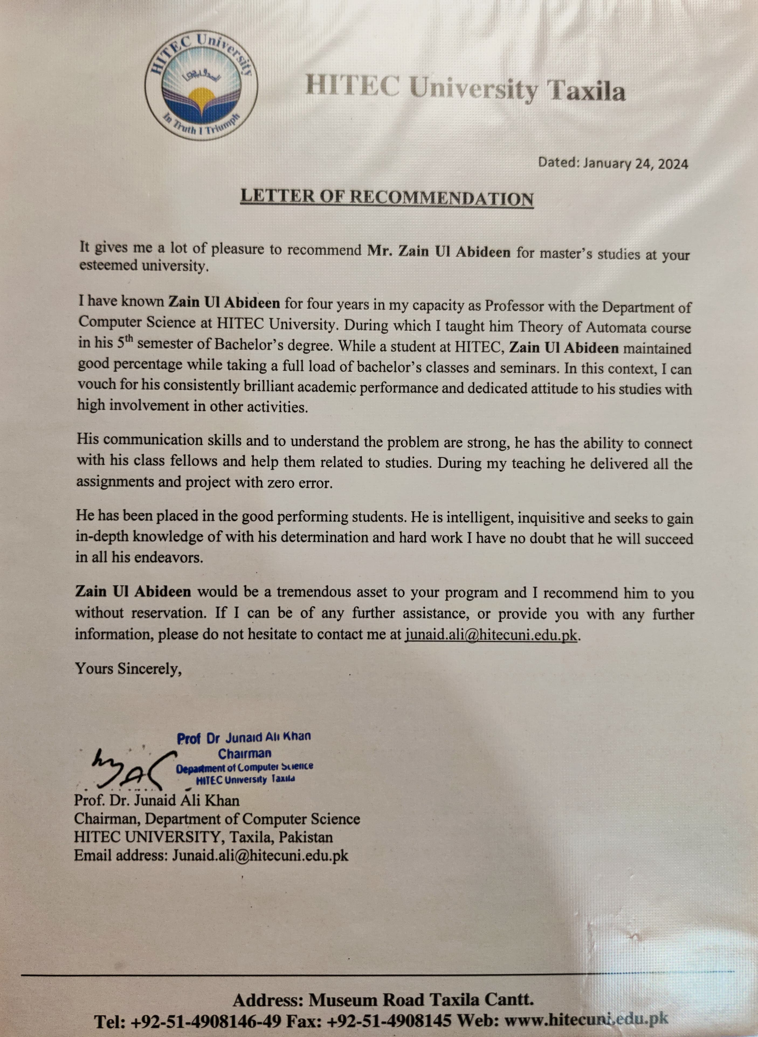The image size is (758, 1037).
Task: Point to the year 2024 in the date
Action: pos(673,164)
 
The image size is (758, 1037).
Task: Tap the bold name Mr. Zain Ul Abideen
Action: pos(439,252)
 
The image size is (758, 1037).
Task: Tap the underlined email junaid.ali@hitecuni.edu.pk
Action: pos(491,635)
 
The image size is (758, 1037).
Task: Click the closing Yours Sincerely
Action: pos(129,669)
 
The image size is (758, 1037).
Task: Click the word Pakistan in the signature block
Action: pos(306,837)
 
